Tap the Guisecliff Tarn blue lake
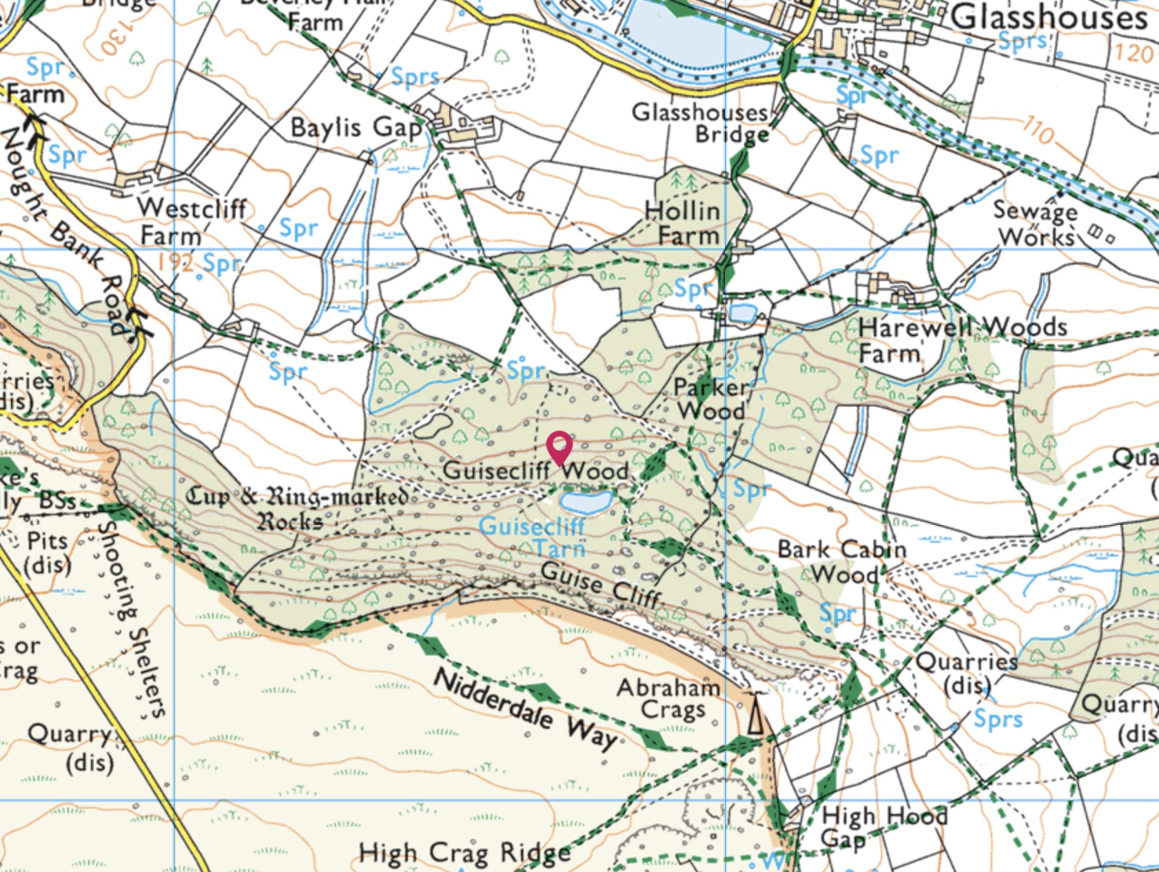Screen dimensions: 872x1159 (x=586, y=501)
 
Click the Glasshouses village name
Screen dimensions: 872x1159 (x=1049, y=17)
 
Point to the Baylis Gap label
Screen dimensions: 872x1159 (x=356, y=127)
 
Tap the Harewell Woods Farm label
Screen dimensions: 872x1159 (x=962, y=340)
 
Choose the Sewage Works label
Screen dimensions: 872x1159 (x=1036, y=223)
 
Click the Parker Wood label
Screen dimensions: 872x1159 (x=710, y=399)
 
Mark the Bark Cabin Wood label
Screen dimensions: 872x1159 (x=841, y=561)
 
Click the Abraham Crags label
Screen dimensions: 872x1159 (x=668, y=698)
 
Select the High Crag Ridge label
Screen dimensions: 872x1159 (x=464, y=853)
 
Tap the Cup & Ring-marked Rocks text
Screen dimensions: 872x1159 (x=296, y=508)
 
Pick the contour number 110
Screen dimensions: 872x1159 (x=1038, y=129)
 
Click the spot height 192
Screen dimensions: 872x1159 (x=174, y=262)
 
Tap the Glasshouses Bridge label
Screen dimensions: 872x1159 (x=700, y=122)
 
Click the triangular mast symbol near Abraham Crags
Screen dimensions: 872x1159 (x=756, y=714)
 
